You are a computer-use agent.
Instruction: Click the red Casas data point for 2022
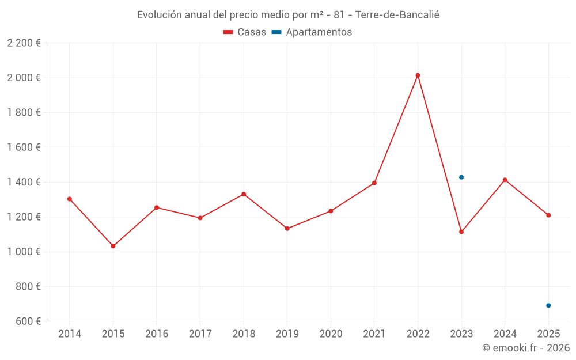pos(418,75)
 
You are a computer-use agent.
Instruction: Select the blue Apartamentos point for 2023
pos(461,177)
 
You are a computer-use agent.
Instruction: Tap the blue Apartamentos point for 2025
pos(548,305)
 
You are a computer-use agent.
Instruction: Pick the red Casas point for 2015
pos(113,246)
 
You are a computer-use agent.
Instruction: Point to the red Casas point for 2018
pos(244,194)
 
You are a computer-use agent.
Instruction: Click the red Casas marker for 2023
pos(461,232)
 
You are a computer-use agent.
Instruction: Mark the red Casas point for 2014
pos(70,199)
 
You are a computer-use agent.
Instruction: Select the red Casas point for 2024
pos(505,180)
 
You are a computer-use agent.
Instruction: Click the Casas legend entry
pos(245,32)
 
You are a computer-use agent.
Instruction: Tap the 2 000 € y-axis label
pos(24,78)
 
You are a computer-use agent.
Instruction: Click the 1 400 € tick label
pos(24,182)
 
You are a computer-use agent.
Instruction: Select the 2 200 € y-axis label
pos(24,43)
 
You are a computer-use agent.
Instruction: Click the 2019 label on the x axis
pos(287,334)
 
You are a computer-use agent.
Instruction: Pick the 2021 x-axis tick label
pos(374,334)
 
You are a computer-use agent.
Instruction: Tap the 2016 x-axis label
pos(157,334)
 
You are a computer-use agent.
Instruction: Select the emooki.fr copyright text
pos(525,348)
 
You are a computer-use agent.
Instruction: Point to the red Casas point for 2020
pos(331,211)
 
